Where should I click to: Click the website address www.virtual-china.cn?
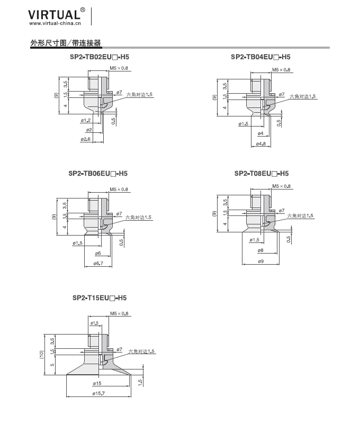tap(55, 23)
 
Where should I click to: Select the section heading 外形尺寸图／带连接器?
tap(66, 43)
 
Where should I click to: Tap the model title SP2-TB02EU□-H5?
tap(99, 57)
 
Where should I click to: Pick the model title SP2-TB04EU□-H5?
tap(260, 57)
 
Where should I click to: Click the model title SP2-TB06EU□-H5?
tap(98, 174)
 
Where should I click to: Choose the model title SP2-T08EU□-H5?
tap(262, 174)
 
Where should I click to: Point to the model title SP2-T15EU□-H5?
tap(100, 297)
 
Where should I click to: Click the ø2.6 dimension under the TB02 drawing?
tap(86, 139)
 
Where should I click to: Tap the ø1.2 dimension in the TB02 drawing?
tap(86, 120)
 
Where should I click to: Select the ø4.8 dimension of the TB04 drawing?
tap(261, 143)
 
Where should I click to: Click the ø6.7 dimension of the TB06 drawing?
tap(98, 264)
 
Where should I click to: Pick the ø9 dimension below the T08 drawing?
tap(260, 261)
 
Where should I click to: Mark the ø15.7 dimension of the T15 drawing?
tap(98, 393)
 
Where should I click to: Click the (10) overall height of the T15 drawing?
tap(41, 355)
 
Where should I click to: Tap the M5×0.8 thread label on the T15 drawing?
tap(119, 313)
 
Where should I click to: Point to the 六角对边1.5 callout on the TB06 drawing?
tap(138, 218)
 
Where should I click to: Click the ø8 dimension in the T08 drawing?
tap(260, 250)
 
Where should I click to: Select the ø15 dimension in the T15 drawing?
tap(97, 383)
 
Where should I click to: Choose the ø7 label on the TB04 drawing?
tap(282, 94)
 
